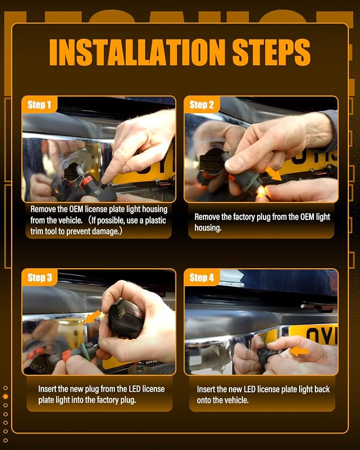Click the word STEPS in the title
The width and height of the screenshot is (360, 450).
271,52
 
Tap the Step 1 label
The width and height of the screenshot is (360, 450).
39,105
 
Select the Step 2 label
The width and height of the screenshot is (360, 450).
201,105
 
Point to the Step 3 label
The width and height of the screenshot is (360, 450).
40,278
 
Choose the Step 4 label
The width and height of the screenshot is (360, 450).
201,278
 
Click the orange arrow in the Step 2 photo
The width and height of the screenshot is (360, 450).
273,174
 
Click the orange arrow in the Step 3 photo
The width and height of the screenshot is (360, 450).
94,316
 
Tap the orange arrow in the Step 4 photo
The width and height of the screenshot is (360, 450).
299,351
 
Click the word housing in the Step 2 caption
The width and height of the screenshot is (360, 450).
207,228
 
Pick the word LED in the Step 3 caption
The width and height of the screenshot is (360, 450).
134,389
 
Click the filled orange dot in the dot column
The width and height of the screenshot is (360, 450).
5,396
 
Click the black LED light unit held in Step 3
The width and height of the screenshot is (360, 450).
126,318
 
